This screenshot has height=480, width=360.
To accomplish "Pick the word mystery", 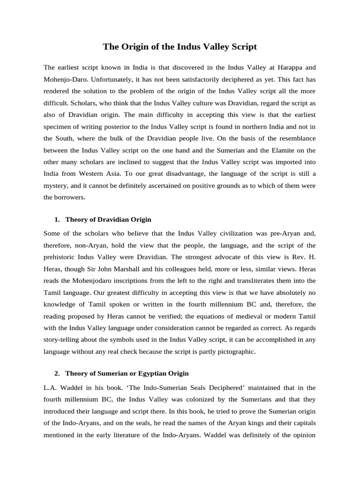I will pyautogui.click(x=56, y=186).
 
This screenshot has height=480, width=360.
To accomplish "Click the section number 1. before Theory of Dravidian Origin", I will pyautogui.click(x=57, y=219).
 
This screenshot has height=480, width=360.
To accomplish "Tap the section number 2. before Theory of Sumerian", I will pyautogui.click(x=57, y=374).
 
